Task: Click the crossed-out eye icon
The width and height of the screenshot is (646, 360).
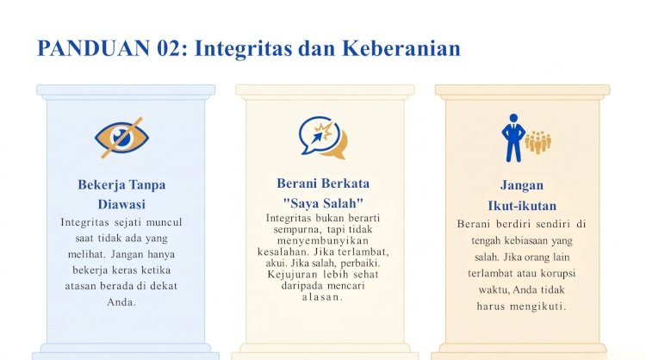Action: pos(121,138)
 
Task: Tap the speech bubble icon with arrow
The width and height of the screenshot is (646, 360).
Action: pos(323,138)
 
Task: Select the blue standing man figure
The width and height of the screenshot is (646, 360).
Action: pos(513,138)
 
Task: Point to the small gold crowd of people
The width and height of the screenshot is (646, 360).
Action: pos(537,142)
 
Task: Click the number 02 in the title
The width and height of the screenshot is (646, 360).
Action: pos(169,48)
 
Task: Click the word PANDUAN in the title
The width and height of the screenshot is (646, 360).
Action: pos(94,48)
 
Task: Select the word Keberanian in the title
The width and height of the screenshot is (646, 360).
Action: pos(401,48)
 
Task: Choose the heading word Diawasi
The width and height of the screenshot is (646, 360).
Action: pos(121,204)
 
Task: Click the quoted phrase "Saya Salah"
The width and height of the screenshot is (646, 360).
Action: pos(323,203)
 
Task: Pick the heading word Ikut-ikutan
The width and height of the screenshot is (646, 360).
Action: pos(522,206)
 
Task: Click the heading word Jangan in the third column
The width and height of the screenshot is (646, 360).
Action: pos(522,185)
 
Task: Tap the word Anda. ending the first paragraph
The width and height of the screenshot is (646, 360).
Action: pos(121,302)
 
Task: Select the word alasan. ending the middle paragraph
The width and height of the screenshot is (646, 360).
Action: pos(323,297)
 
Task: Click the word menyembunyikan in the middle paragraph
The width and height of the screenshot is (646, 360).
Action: pos(323,240)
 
